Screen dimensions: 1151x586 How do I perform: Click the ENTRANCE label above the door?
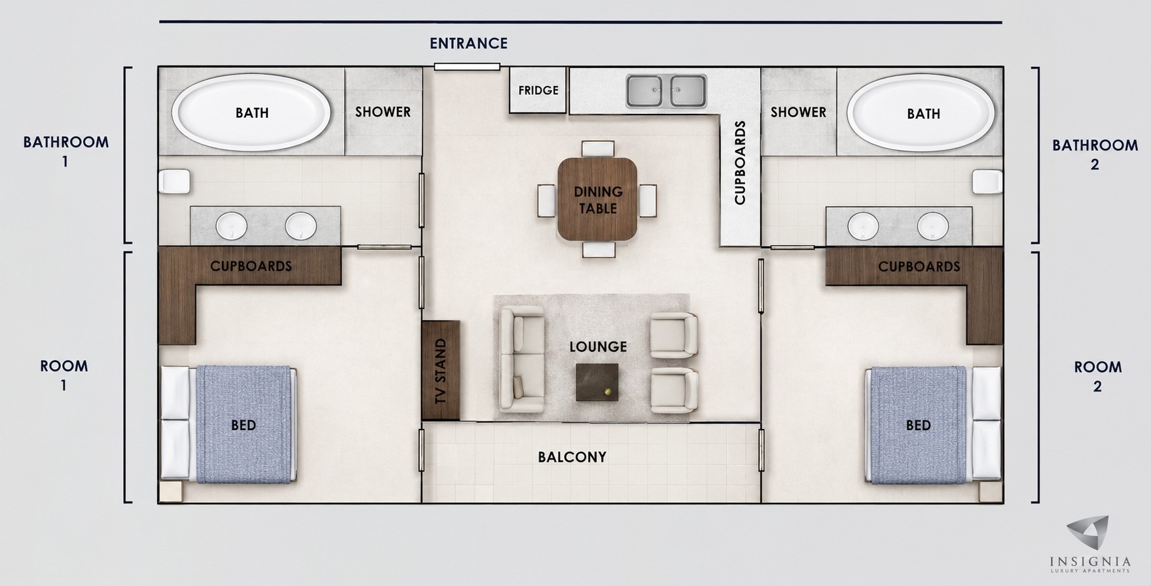[x=468, y=43]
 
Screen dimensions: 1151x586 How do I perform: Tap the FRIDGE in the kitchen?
[x=538, y=90]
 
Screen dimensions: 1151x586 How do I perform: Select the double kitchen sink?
[x=666, y=91]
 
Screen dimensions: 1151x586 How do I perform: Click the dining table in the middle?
[x=597, y=199]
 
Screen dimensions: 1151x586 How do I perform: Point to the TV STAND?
[x=441, y=370]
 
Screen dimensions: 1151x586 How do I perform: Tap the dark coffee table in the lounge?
[x=597, y=382]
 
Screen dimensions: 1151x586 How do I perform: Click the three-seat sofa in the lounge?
[x=522, y=359]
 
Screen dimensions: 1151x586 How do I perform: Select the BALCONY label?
[x=572, y=457]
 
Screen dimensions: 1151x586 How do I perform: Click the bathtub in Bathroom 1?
[x=251, y=112]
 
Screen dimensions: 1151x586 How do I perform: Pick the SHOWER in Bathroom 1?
[x=383, y=111]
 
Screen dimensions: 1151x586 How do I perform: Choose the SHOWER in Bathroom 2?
[x=798, y=111]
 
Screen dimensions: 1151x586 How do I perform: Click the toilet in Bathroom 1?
[x=174, y=181]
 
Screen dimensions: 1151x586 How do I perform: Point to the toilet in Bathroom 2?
[x=987, y=181]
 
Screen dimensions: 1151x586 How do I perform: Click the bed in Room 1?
[x=228, y=424]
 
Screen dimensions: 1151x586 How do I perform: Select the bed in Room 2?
[x=934, y=425]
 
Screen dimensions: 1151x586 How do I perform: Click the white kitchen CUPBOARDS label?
[x=740, y=162]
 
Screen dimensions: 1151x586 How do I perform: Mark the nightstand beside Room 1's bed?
[x=170, y=492]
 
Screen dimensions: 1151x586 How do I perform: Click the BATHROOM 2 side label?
[x=1095, y=155]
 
